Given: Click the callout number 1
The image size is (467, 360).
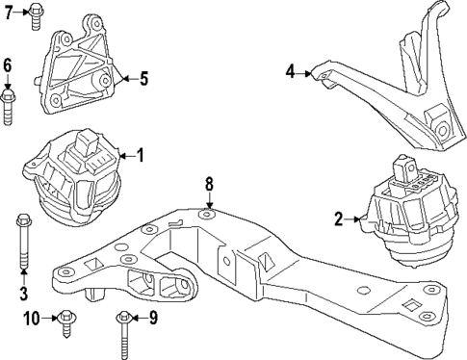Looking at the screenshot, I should pos(140,154).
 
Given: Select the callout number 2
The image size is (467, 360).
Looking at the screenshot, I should pos(339,220).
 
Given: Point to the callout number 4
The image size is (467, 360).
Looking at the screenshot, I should pos(290,70).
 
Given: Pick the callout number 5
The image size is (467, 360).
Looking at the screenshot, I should pos(143,79).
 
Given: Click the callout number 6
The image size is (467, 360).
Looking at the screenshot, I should pos(8,65).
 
